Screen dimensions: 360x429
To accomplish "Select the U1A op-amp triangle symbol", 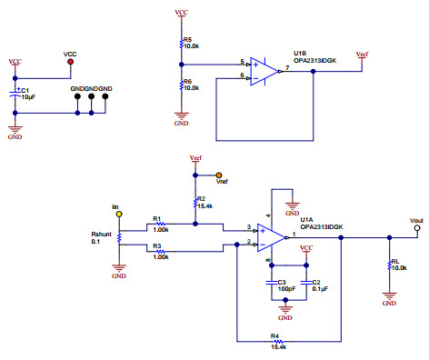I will (x=270, y=235).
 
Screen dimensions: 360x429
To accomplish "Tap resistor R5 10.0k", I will (x=182, y=43).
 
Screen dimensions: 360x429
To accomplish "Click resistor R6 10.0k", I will (x=182, y=85).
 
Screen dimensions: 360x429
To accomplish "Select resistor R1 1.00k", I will (x=160, y=225).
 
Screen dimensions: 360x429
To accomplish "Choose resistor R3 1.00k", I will (x=160, y=245).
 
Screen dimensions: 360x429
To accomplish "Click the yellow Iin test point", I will (x=118, y=215).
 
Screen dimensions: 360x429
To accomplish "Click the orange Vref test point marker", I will (x=218, y=175).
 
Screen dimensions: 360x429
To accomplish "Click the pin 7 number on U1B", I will (x=286, y=66).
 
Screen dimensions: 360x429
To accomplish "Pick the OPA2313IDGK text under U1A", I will (x=319, y=226).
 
